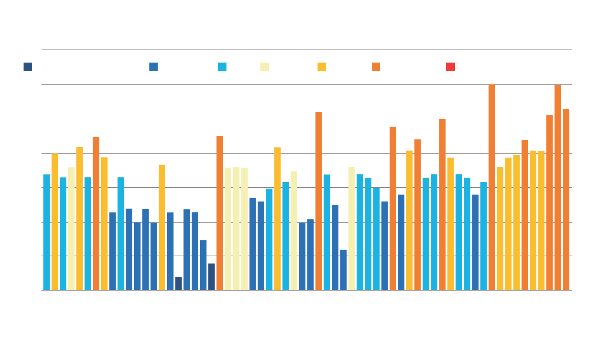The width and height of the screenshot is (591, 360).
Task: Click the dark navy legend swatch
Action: tap(28, 67)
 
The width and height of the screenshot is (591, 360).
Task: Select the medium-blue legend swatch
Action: tap(153, 67)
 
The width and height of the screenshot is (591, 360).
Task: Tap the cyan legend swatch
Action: tap(222, 67)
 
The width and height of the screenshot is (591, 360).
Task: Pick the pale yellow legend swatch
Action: tap(265, 67)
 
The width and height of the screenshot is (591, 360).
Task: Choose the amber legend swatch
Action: tap(322, 67)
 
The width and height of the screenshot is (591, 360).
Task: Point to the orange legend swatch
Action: tap(376, 67)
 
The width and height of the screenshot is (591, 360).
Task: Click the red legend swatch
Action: tap(451, 67)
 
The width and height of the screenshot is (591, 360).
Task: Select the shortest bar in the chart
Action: tap(179, 284)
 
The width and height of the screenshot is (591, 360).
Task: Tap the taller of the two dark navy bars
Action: tap(212, 277)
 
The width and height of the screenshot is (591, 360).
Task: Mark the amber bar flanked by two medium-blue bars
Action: tap(162, 227)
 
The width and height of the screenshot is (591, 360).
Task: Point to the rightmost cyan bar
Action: tap(484, 236)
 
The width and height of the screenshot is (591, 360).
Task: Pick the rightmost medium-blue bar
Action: tap(475, 242)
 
